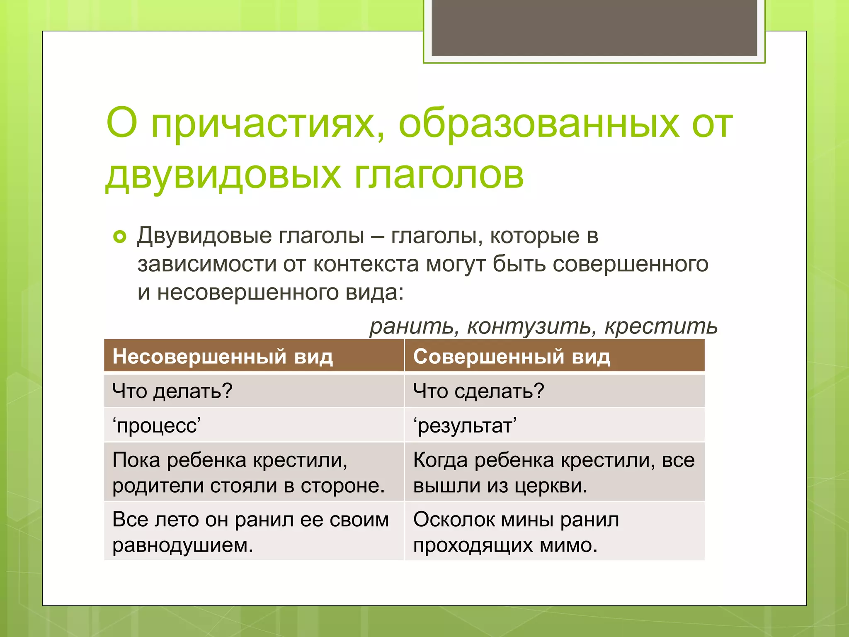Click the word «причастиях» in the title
coord(267,124)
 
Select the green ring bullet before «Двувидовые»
coord(119,237)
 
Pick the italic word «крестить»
coord(661,326)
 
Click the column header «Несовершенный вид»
coord(223,356)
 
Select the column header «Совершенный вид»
coord(512,356)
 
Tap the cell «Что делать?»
coord(172,391)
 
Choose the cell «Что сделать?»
coord(478,391)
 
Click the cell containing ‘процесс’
coord(157,425)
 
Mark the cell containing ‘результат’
coord(465,425)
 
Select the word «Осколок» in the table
coord(454,520)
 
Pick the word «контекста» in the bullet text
coord(366,264)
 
